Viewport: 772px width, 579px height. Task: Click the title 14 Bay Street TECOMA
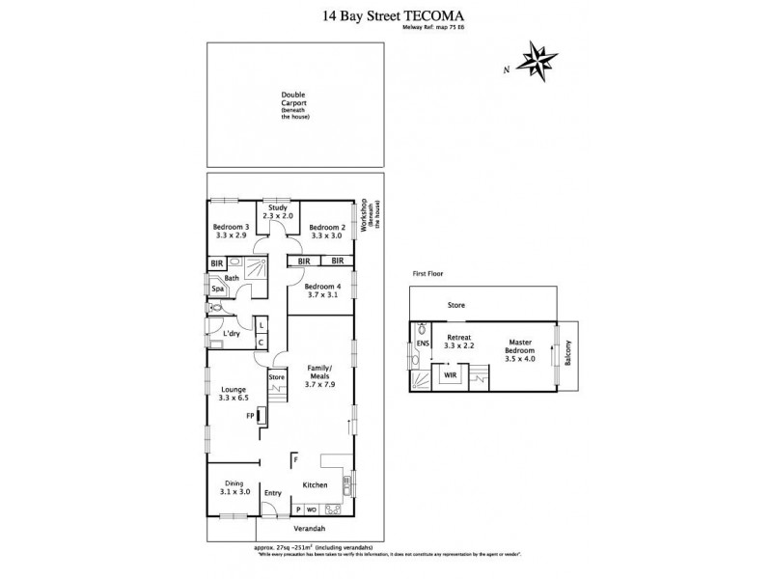[x=385, y=16]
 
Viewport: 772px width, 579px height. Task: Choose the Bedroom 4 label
[x=322, y=291]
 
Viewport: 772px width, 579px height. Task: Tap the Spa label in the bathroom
[x=218, y=287]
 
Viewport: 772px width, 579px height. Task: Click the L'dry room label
[x=231, y=334]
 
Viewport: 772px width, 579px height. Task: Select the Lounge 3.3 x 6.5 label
[x=232, y=394]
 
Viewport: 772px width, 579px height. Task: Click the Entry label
[x=273, y=493]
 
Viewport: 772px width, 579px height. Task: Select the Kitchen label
[x=316, y=484]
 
